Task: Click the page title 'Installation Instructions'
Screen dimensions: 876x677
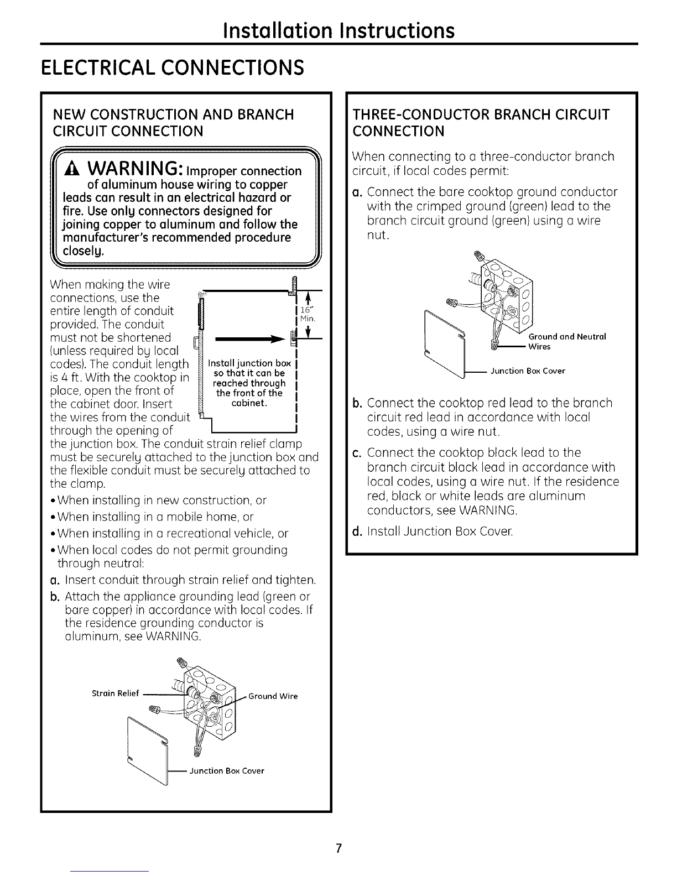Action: pos(338,30)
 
